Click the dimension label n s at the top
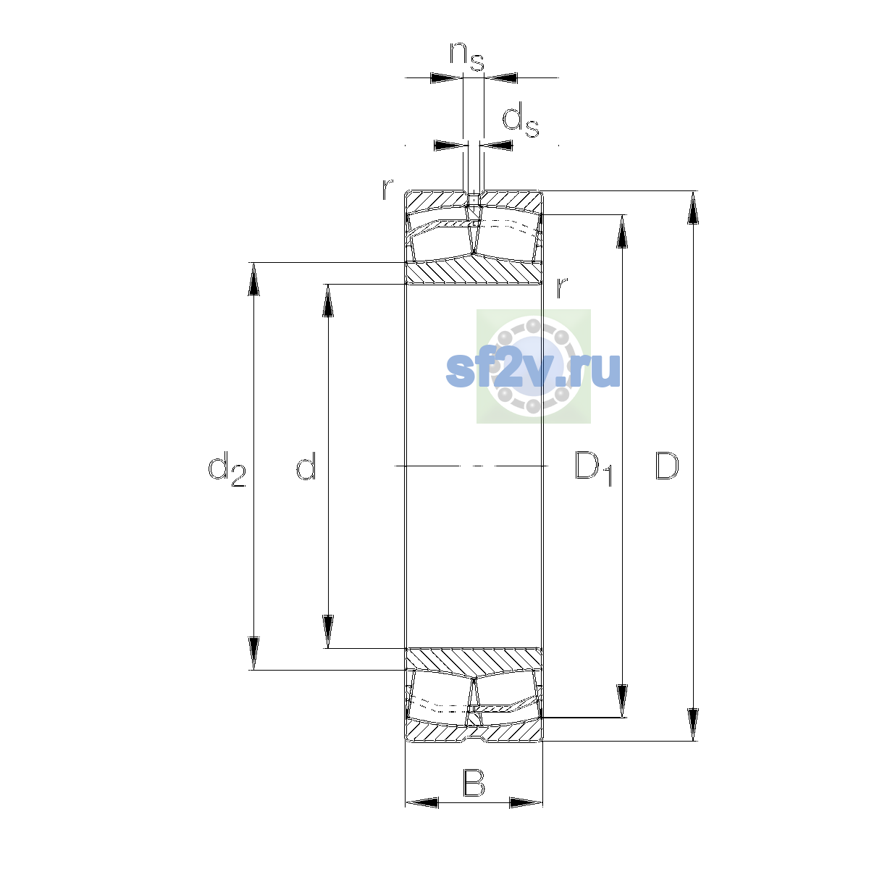click(467, 56)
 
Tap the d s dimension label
click(521, 119)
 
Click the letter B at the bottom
click(474, 784)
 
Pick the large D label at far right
click(667, 466)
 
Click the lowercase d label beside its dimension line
click(306, 466)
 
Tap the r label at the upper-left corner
click(387, 190)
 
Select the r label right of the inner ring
click(561, 287)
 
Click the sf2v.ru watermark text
click(533, 370)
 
